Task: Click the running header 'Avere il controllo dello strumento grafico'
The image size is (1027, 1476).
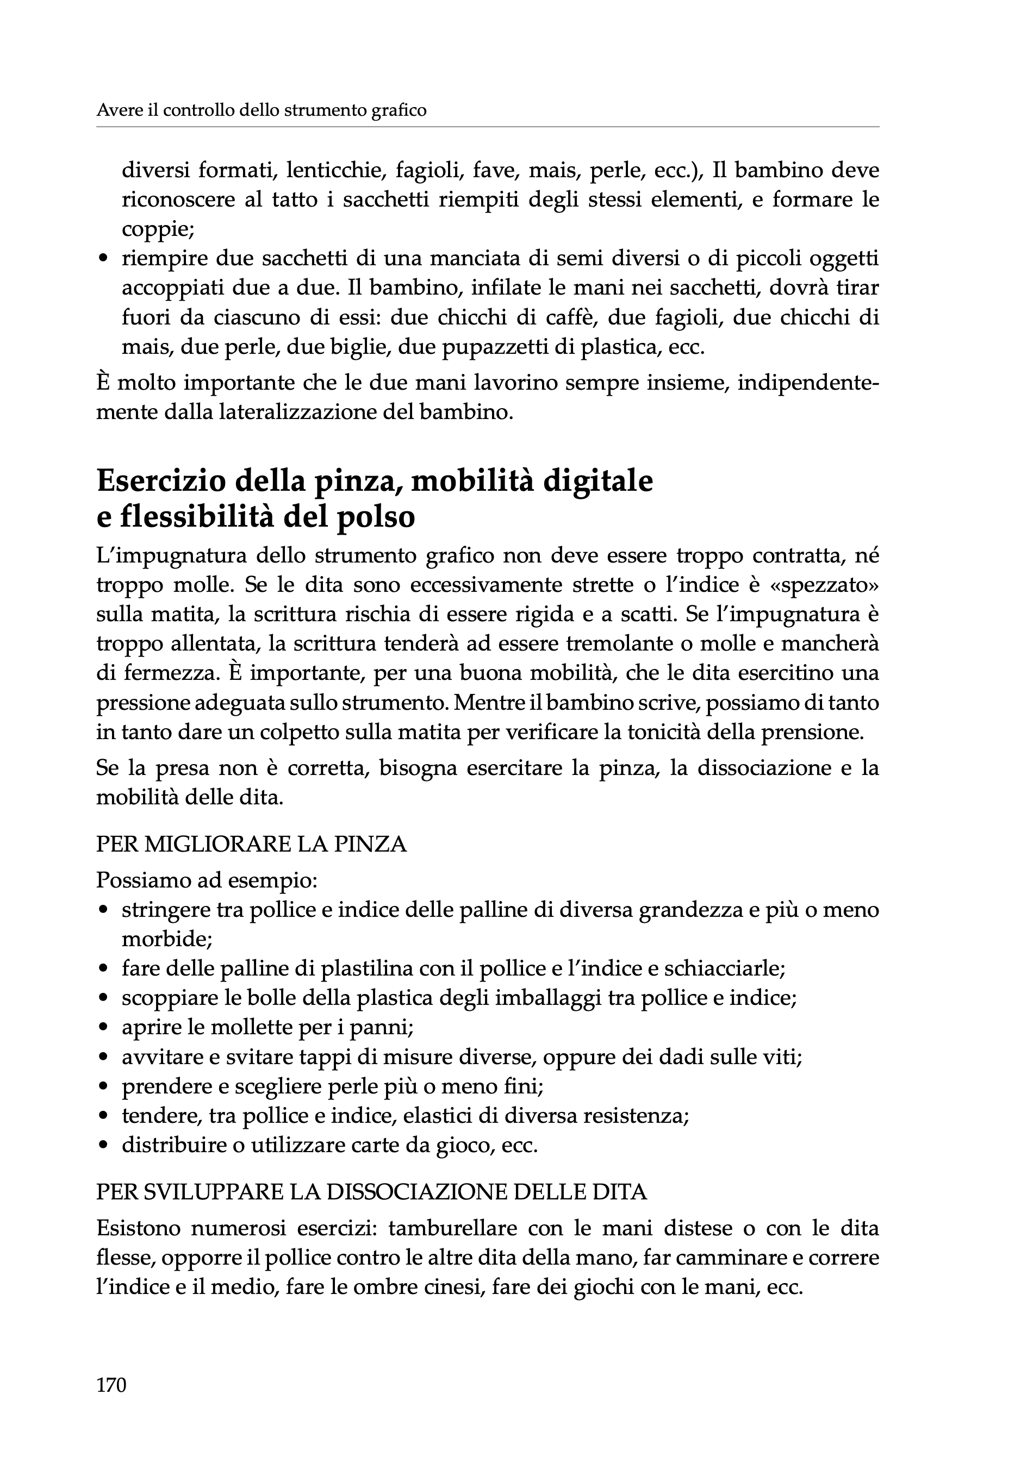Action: tap(261, 110)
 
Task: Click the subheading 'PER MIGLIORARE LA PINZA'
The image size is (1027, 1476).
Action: tap(251, 844)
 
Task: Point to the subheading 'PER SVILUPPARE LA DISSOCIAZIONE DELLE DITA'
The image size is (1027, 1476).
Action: tap(371, 1192)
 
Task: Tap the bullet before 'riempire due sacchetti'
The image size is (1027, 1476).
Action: tap(103, 260)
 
